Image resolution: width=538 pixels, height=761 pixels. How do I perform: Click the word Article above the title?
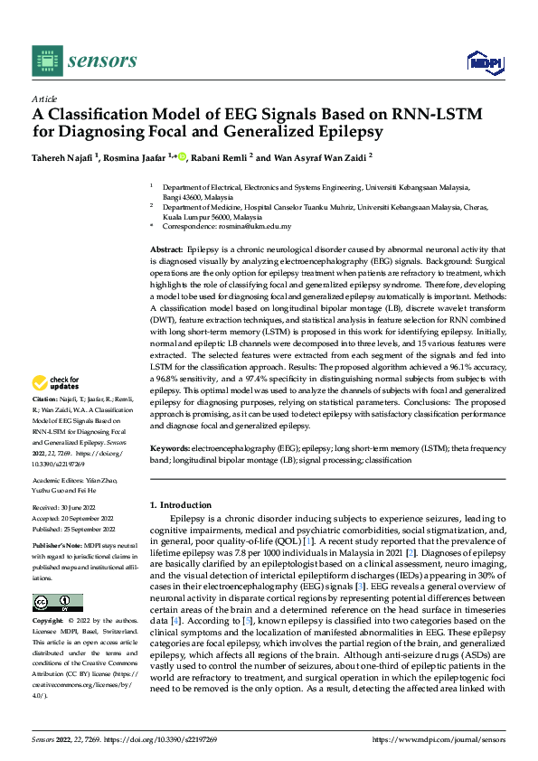click(x=44, y=98)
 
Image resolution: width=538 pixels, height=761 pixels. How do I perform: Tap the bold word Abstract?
click(x=166, y=248)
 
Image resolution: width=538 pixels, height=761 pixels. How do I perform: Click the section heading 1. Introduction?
click(x=180, y=504)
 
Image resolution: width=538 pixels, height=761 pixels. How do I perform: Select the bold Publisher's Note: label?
click(x=57, y=547)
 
